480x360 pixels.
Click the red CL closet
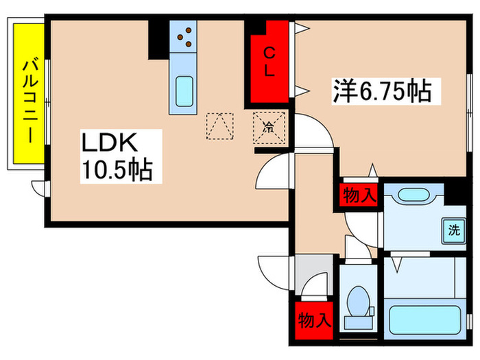[270, 62]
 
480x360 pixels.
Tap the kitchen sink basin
[184, 91]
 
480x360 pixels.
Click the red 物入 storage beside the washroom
[359, 195]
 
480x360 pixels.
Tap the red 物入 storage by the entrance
[314, 320]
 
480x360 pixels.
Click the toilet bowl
[358, 302]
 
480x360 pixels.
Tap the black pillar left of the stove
[158, 40]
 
